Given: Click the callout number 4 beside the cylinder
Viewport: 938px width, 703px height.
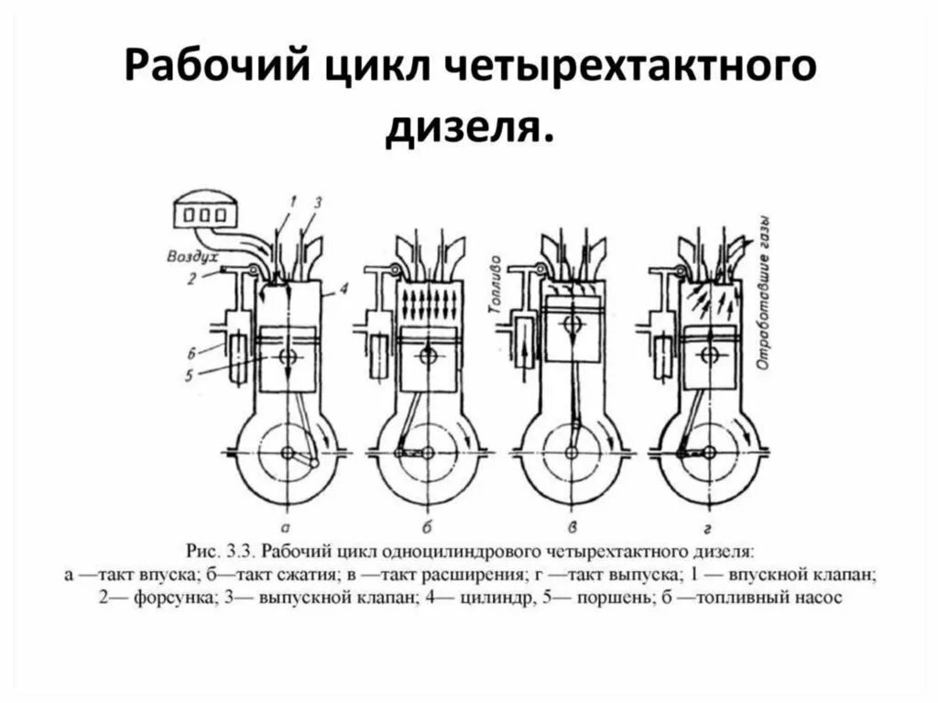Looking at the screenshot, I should (342, 290).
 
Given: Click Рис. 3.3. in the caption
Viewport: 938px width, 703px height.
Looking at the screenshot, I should (223, 552).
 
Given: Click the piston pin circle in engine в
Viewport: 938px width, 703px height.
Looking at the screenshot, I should (574, 325).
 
